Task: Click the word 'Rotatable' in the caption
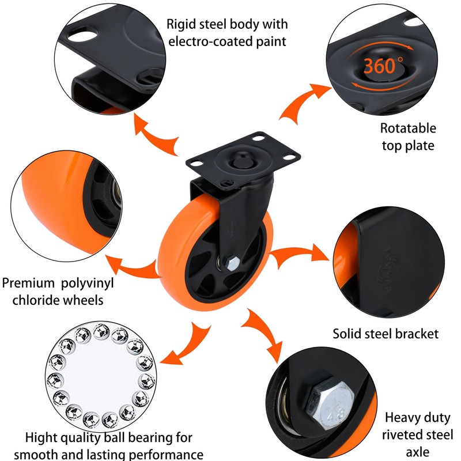(408, 128)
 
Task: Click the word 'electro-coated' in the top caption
(205, 41)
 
